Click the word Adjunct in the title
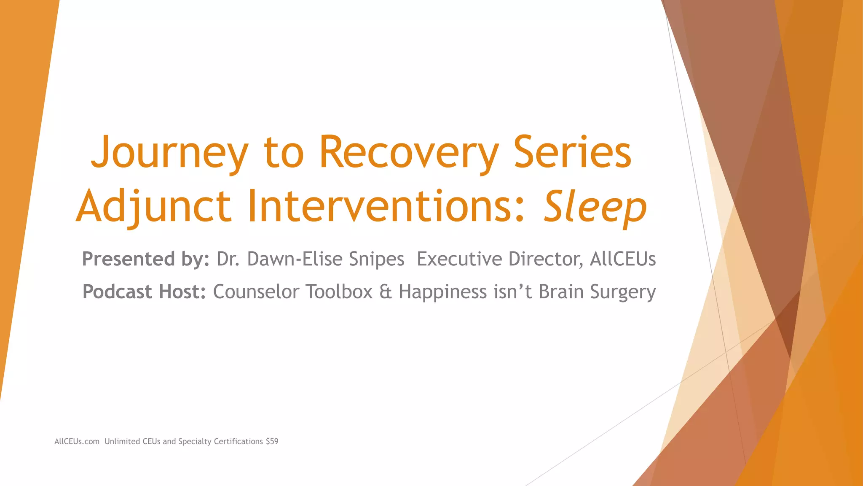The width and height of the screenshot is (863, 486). [x=154, y=207]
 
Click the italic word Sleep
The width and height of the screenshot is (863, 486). [x=595, y=207]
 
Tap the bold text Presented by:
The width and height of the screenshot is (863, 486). [x=146, y=259]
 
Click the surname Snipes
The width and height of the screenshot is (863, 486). [x=377, y=259]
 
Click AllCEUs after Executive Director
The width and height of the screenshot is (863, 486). [x=623, y=259]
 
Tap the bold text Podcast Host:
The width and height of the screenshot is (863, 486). [x=144, y=292]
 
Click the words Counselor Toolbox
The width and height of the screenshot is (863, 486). [x=293, y=292]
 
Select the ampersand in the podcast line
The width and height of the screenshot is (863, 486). [x=386, y=292]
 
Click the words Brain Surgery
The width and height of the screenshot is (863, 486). [x=597, y=292]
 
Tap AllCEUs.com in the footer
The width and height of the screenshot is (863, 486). [x=77, y=442]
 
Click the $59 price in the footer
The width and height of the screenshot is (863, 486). [x=272, y=442]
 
